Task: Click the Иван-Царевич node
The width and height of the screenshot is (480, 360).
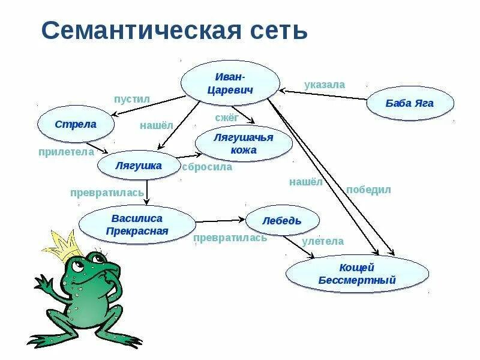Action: (x=230, y=83)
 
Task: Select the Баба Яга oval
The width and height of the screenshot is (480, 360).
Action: (x=410, y=103)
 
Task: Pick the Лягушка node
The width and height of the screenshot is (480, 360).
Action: (x=138, y=166)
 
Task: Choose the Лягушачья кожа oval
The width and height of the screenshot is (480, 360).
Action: (x=243, y=143)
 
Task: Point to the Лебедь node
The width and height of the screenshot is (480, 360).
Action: (x=281, y=221)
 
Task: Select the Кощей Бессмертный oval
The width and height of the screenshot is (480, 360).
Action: (x=357, y=273)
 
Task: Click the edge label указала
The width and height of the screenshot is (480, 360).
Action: (x=324, y=85)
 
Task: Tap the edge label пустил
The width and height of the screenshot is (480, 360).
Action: (x=131, y=98)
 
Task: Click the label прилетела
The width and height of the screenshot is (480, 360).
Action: (x=66, y=152)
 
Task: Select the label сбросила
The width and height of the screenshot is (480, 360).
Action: (x=206, y=167)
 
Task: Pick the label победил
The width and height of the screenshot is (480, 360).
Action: (x=368, y=190)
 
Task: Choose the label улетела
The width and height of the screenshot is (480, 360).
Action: (x=323, y=241)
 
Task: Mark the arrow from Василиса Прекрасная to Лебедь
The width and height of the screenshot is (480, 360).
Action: (x=220, y=221)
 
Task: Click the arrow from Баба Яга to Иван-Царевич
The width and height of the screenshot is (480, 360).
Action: (x=324, y=95)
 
